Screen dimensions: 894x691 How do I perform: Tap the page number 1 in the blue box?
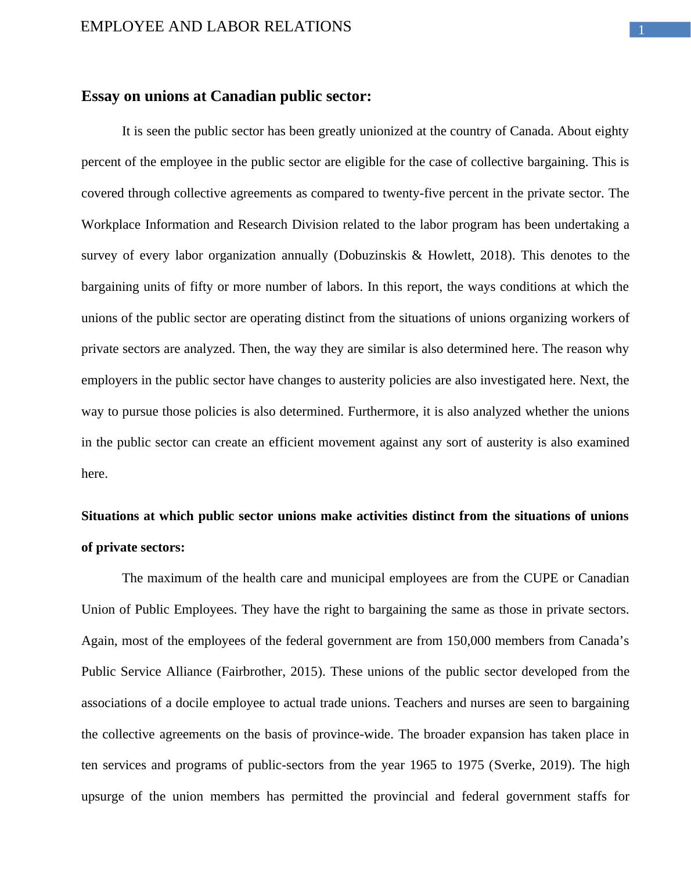pos(641,30)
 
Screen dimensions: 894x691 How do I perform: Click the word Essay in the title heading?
pos(100,96)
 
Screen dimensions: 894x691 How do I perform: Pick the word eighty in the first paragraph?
pos(611,131)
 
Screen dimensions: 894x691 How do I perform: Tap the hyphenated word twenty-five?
pos(415,193)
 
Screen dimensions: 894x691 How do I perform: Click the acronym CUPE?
pos(541,578)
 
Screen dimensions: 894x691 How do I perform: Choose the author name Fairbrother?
pos(254,672)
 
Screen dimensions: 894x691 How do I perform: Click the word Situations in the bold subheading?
pos(110,516)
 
